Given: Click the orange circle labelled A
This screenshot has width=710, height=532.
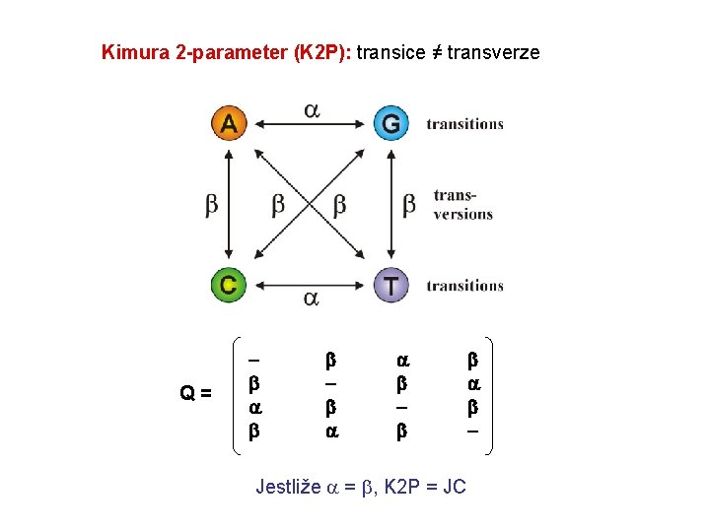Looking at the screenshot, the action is pyautogui.click(x=229, y=123).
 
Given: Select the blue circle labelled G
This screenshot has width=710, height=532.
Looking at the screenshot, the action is pyautogui.click(x=391, y=123).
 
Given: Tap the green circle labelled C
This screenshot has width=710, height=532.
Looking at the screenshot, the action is pyautogui.click(x=228, y=285).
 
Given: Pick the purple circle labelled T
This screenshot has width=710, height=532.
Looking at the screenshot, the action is pyautogui.click(x=391, y=285).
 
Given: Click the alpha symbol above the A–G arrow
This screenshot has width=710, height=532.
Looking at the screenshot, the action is pyautogui.click(x=311, y=109).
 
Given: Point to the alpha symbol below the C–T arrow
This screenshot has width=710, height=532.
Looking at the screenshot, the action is pyautogui.click(x=311, y=298).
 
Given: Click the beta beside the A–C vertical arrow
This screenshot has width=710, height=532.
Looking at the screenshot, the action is pyautogui.click(x=212, y=205).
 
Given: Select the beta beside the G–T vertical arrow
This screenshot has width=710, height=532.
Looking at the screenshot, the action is pyautogui.click(x=409, y=205).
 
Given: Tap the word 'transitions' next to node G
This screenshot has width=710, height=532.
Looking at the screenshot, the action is pyautogui.click(x=464, y=124).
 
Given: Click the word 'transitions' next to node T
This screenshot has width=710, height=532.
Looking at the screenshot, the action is pyautogui.click(x=464, y=286).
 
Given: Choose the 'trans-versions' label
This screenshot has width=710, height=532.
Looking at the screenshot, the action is pyautogui.click(x=462, y=205).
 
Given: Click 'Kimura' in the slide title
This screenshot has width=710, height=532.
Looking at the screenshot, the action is pyautogui.click(x=135, y=52).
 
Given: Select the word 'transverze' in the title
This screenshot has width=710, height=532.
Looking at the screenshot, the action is pyautogui.click(x=493, y=52).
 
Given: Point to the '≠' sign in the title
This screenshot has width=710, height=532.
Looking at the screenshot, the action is pyautogui.click(x=434, y=52).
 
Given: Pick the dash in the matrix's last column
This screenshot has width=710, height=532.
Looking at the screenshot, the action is pyautogui.click(x=472, y=431).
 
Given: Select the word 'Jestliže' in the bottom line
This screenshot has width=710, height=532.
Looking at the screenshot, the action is pyautogui.click(x=288, y=487).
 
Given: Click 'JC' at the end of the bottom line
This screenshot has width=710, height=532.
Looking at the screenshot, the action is pyautogui.click(x=455, y=487).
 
